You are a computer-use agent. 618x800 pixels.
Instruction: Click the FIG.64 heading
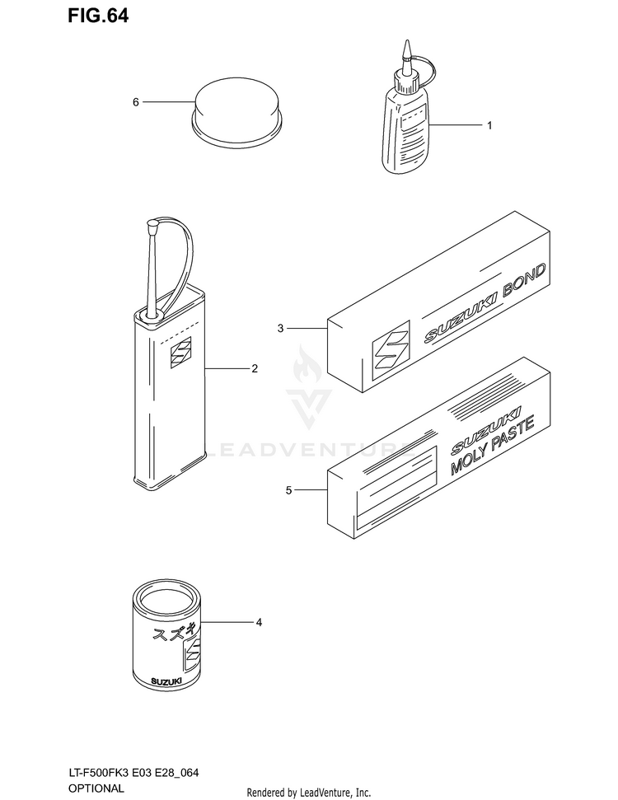click(x=98, y=16)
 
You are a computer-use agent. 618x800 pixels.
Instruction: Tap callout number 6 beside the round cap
click(x=136, y=102)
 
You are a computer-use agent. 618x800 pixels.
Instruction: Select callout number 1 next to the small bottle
click(x=489, y=125)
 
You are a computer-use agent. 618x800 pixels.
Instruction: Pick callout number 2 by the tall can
click(x=255, y=368)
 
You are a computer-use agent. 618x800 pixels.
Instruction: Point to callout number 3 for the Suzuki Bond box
click(x=280, y=329)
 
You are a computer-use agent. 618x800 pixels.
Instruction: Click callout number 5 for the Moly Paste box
click(x=289, y=490)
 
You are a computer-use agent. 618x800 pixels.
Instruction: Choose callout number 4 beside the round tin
click(x=259, y=622)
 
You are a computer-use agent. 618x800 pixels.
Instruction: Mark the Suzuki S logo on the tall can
click(x=180, y=352)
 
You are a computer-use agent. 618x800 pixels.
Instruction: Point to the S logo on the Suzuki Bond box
click(x=391, y=350)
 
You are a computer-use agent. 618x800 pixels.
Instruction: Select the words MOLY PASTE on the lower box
click(x=492, y=446)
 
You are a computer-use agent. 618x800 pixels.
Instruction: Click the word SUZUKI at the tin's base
click(x=166, y=681)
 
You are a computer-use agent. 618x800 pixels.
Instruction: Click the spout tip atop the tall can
click(x=152, y=223)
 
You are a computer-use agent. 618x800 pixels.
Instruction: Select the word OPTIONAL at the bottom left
click(x=96, y=788)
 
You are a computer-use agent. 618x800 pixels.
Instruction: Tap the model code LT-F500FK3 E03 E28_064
click(x=133, y=773)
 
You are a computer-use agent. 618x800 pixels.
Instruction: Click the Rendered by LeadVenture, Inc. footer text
click(x=309, y=793)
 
